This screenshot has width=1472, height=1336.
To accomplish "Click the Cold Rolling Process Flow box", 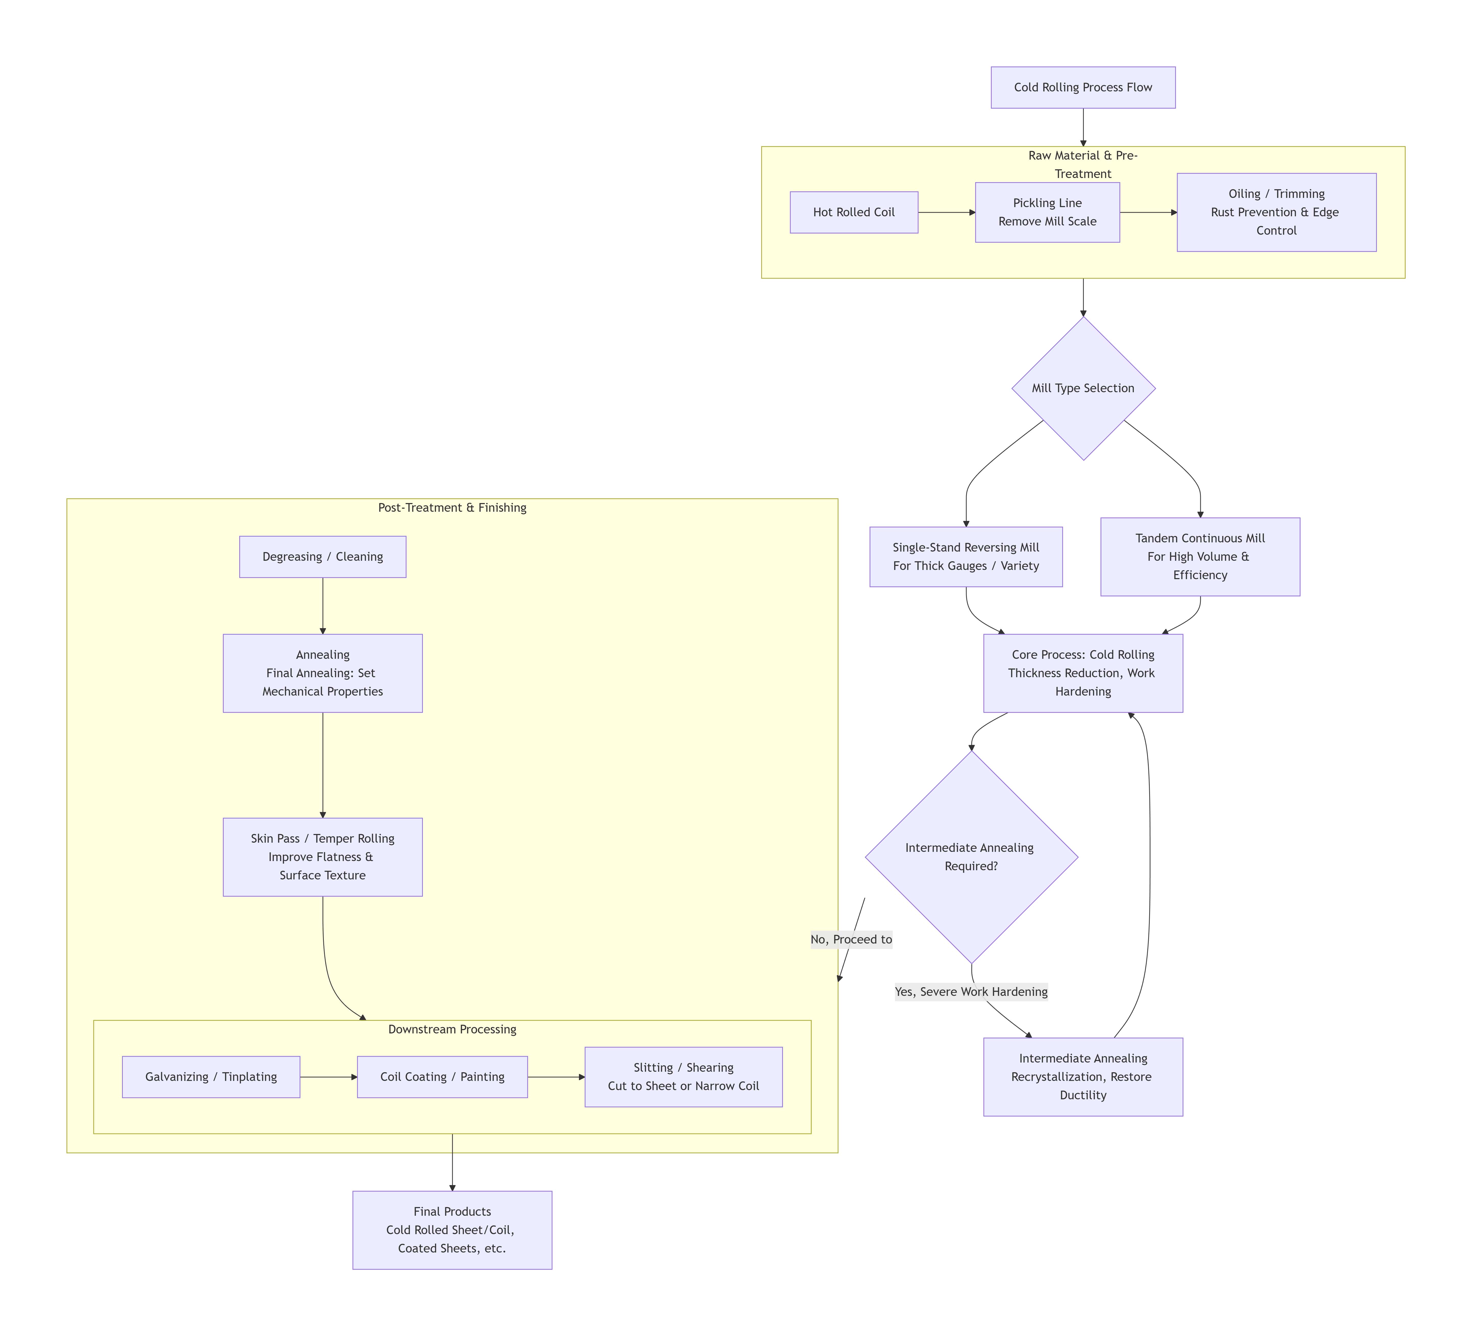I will (x=1083, y=88).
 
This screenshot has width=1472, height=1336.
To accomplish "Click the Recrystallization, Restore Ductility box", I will (x=1083, y=1077).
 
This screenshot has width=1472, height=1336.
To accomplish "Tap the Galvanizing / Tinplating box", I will (x=211, y=1077).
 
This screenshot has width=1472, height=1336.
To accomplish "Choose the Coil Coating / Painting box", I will (x=442, y=1077).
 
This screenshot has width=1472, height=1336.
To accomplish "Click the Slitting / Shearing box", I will (x=683, y=1077).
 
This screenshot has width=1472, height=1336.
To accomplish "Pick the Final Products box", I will (x=452, y=1230).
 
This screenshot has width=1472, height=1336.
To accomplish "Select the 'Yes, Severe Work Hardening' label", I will (x=971, y=992).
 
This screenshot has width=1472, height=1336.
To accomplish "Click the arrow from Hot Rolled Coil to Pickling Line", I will (x=946, y=212).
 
